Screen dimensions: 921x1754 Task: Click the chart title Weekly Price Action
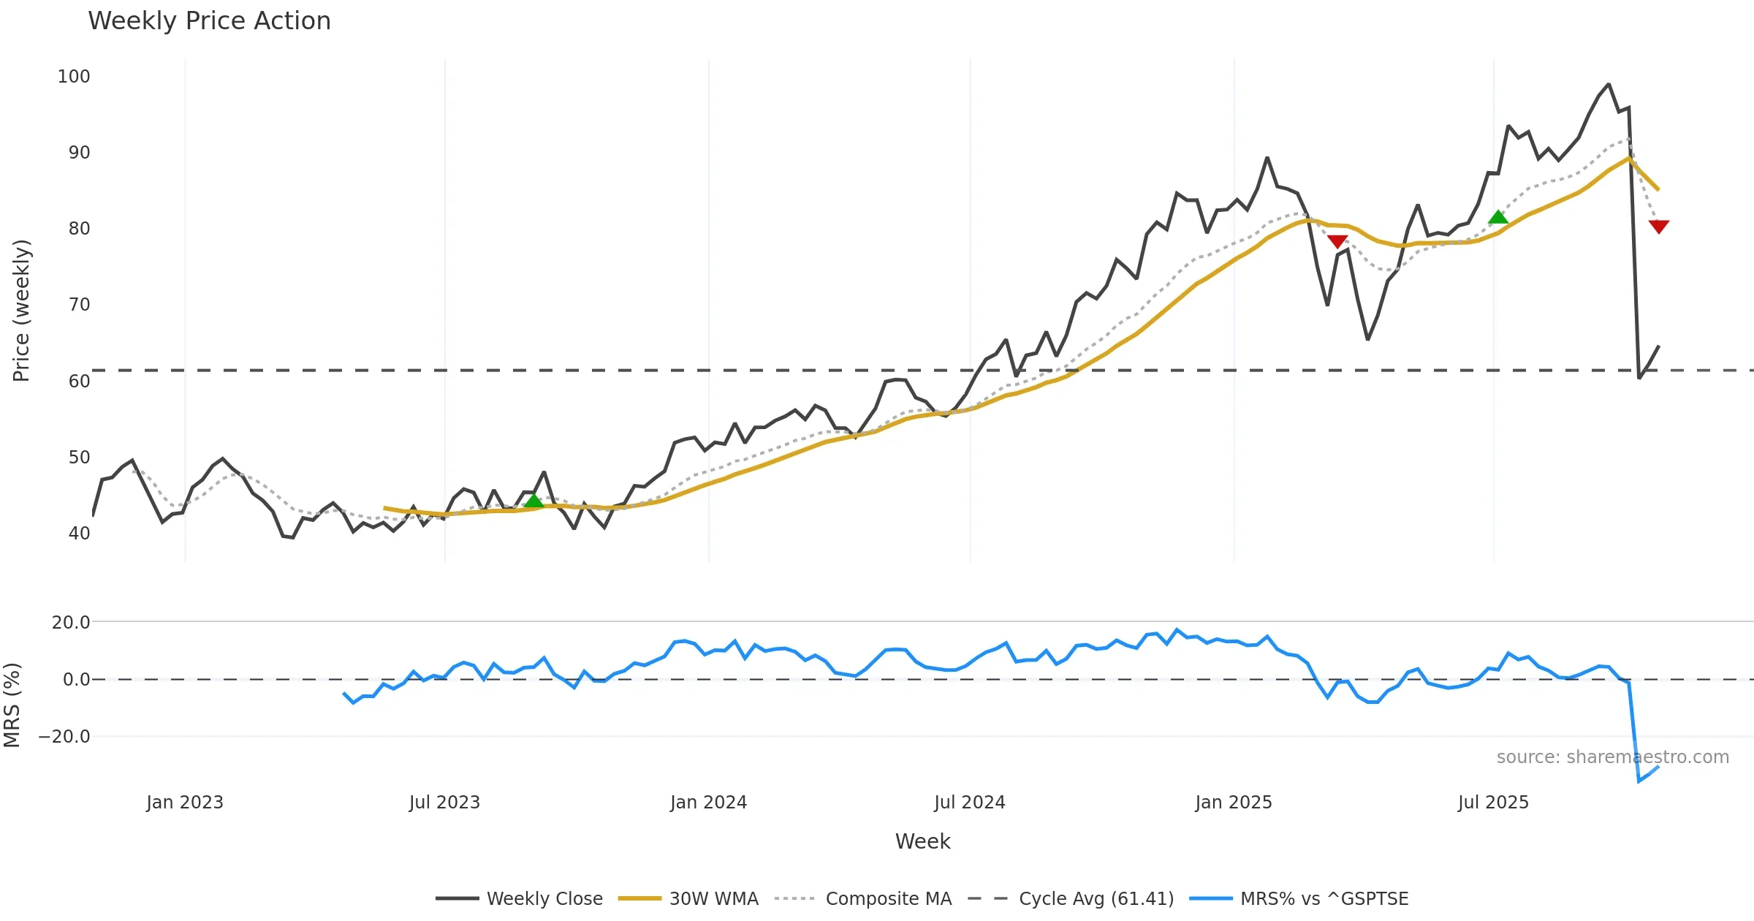209,21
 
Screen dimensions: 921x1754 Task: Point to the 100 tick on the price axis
74,77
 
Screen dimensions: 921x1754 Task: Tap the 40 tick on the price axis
79,534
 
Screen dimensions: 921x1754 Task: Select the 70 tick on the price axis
79,305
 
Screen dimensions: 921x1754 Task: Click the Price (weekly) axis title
21,310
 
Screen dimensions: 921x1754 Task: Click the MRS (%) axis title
12,705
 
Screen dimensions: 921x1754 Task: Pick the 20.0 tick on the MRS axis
71,623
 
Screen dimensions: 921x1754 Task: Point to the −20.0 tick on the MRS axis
64,737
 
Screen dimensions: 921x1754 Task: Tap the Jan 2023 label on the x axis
185,803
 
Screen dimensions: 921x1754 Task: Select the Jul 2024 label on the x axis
970,803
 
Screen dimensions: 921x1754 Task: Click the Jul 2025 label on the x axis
1493,803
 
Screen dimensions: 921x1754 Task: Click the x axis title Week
922,842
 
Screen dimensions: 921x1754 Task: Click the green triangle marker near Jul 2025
1498,217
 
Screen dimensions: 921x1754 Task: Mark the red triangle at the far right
1659,227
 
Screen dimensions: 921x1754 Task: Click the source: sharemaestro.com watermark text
1612,757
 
